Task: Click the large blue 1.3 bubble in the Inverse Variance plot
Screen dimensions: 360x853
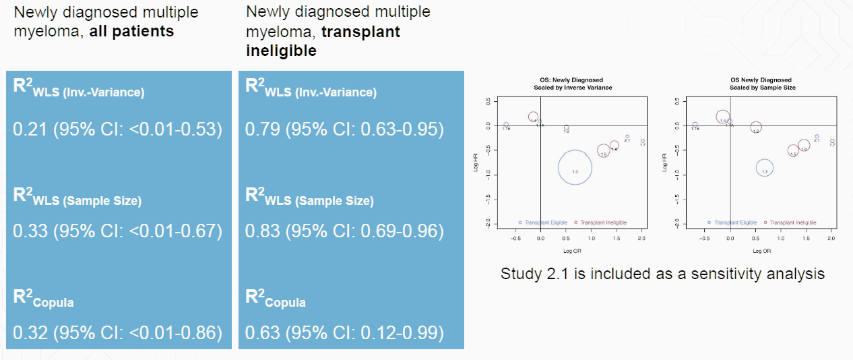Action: click(575, 169)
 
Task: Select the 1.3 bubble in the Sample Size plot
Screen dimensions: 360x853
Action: click(764, 168)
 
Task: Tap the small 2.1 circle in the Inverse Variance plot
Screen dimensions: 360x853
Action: click(627, 137)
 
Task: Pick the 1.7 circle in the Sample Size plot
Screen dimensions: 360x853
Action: click(833, 142)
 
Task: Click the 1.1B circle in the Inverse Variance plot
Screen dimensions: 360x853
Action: click(506, 125)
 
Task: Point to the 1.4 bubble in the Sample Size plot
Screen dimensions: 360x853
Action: click(723, 117)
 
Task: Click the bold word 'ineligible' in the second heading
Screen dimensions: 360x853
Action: click(282, 51)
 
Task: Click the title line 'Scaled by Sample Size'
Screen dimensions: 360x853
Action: click(762, 88)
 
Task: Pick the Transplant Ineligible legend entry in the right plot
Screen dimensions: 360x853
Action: click(792, 222)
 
